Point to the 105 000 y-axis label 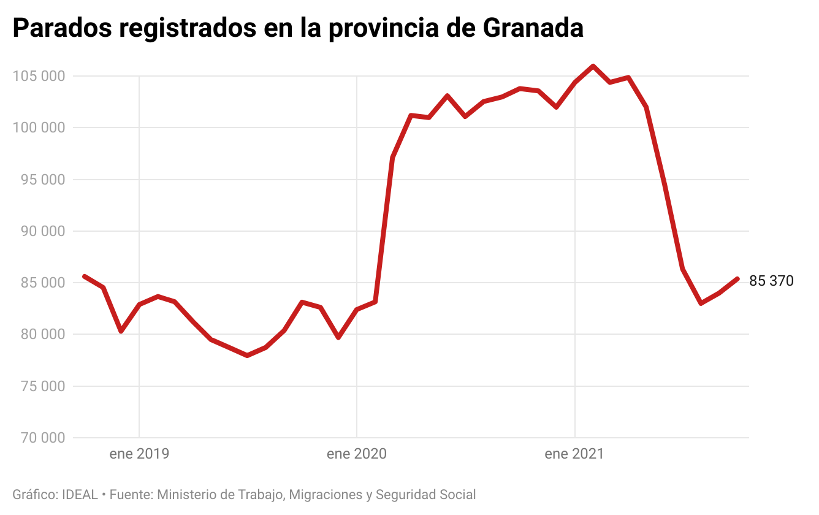coord(38,76)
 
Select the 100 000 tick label coord(38,128)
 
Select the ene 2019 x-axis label coord(139,454)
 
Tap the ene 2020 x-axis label coord(357,454)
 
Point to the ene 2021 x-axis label coord(574,454)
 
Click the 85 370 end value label coord(771,281)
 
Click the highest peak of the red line coord(593,66)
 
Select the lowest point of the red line coord(247,356)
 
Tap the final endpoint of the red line coord(737,279)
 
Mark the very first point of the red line coord(85,276)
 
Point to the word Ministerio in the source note coord(188,495)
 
